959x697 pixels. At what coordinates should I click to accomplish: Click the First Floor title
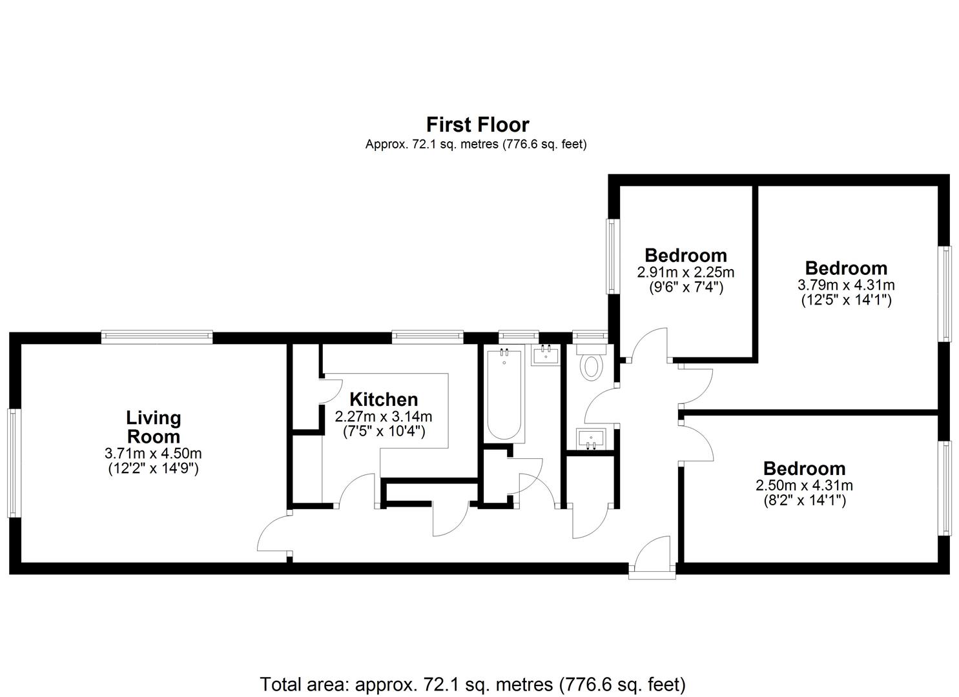pyautogui.click(x=478, y=125)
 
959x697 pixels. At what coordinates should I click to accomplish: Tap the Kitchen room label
pyautogui.click(x=384, y=399)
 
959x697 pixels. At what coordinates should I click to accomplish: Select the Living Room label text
pyautogui.click(x=154, y=427)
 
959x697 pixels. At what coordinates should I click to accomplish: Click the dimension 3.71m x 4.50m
pyautogui.click(x=153, y=453)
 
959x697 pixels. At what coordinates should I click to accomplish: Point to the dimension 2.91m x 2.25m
pyautogui.click(x=686, y=272)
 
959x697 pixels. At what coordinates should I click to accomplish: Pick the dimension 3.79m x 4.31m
pyautogui.click(x=846, y=285)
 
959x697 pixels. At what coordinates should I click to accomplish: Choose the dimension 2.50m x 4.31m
pyautogui.click(x=805, y=485)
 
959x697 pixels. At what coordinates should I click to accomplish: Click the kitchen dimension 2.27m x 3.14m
pyautogui.click(x=384, y=416)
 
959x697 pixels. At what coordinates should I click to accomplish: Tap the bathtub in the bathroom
pyautogui.click(x=504, y=394)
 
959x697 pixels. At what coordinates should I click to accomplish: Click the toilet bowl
pyautogui.click(x=592, y=367)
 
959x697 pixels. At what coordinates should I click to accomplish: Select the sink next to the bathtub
pyautogui.click(x=546, y=355)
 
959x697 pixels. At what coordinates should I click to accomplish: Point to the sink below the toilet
pyautogui.click(x=592, y=439)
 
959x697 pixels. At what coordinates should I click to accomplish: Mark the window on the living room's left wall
pyautogui.click(x=15, y=463)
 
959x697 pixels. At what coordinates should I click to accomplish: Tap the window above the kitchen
pyautogui.click(x=428, y=337)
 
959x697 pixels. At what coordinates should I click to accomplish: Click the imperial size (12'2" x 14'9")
pyautogui.click(x=153, y=469)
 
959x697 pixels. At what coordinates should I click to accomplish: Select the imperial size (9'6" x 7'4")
pyautogui.click(x=686, y=288)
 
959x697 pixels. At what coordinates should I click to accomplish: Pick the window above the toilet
pyautogui.click(x=590, y=337)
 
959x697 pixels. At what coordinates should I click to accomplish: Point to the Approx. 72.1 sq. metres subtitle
pyautogui.click(x=476, y=145)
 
